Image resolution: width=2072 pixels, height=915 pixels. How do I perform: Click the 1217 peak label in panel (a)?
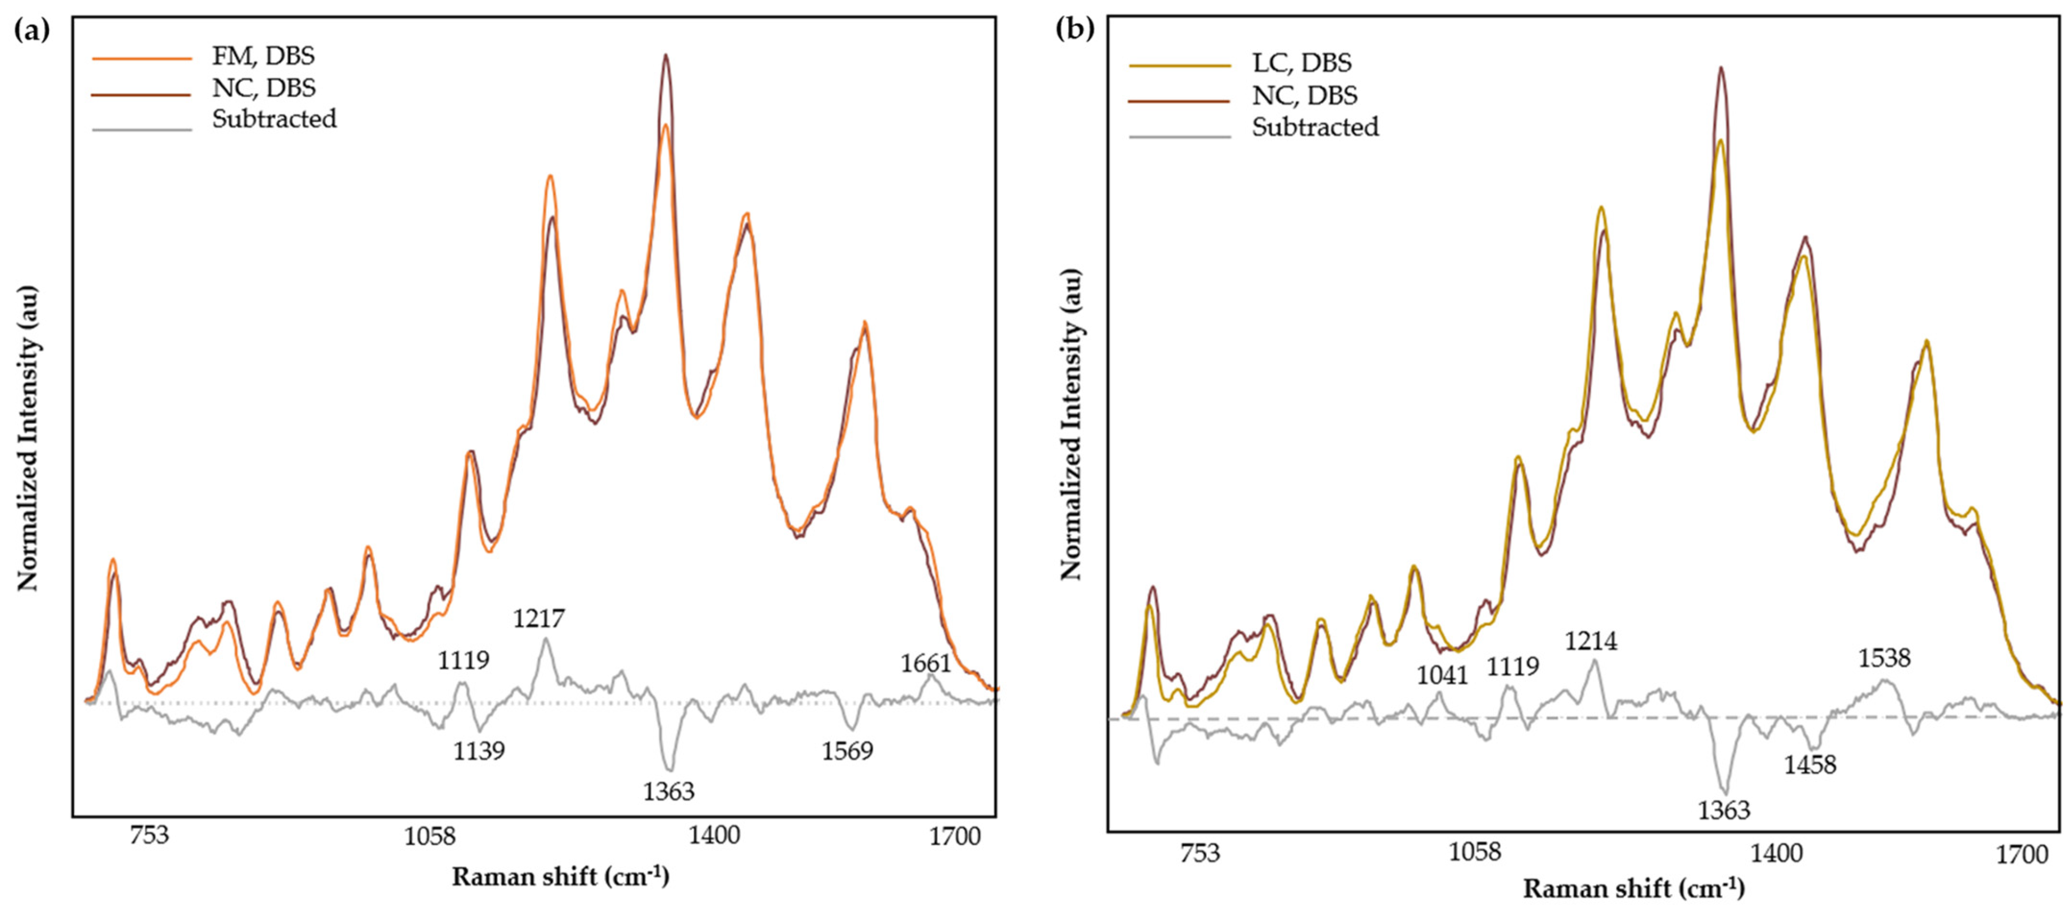[x=539, y=619]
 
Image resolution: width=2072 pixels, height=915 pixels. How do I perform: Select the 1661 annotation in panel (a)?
[x=925, y=663]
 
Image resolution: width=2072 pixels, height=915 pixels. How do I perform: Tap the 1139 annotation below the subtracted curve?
[x=479, y=751]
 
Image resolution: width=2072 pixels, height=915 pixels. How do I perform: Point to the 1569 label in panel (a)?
[x=847, y=751]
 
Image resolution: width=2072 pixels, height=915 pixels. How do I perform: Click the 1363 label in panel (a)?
[x=668, y=792]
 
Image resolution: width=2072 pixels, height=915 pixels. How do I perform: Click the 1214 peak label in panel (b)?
[x=1590, y=641]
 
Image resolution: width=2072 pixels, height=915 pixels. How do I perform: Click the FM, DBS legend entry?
[x=263, y=56]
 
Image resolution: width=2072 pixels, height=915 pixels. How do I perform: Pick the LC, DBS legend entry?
[x=1301, y=63]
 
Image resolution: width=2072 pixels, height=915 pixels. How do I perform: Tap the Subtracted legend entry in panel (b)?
[x=1314, y=127]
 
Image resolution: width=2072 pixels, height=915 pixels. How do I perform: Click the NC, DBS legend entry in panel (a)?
[x=263, y=88]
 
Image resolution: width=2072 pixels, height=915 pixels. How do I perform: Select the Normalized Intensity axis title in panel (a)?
[x=28, y=438]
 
